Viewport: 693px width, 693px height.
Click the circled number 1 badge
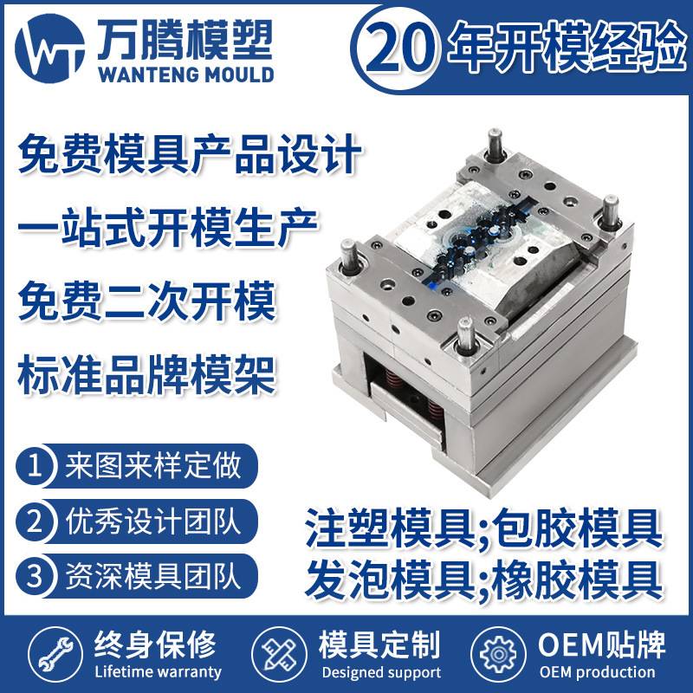click(36, 467)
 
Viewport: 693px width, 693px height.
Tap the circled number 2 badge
click(36, 521)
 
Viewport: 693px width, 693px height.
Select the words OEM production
click(597, 671)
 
